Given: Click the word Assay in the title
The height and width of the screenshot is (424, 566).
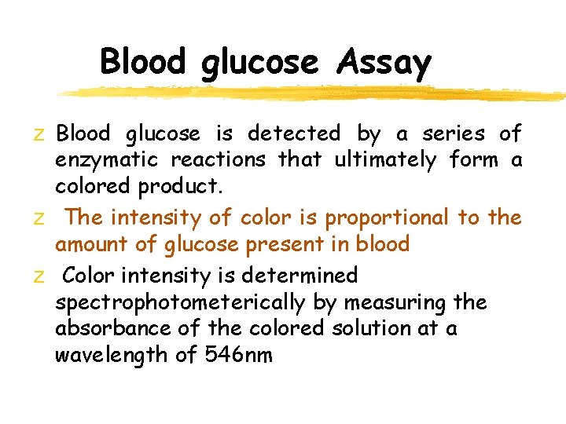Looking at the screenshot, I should click(x=384, y=62).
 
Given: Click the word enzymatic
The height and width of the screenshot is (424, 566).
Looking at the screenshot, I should click(x=107, y=161).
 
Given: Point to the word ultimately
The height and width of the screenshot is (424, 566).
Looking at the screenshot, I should click(x=385, y=161).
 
